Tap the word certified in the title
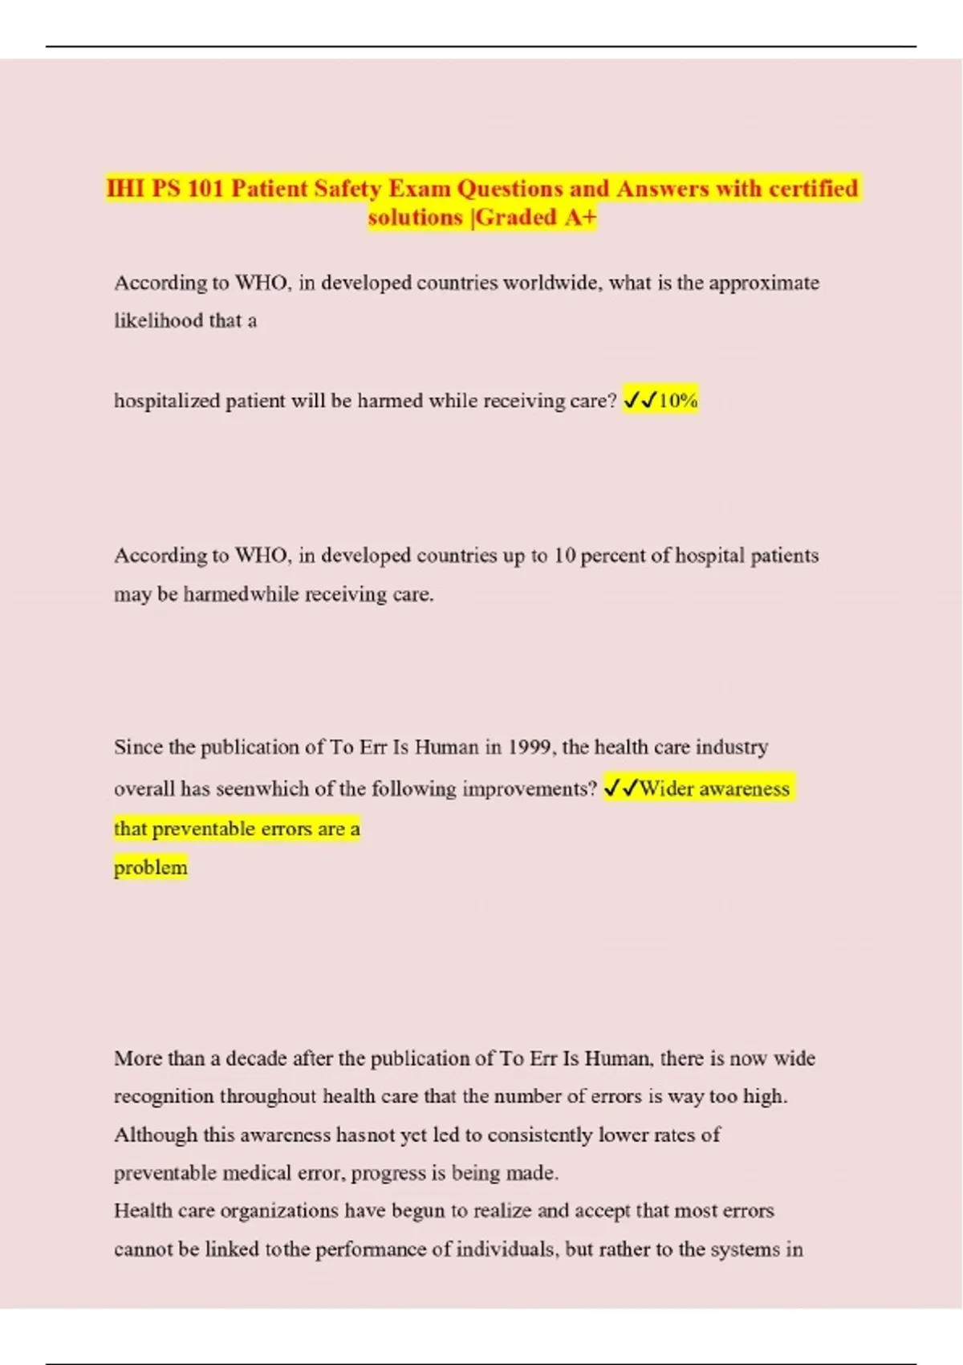pos(813,189)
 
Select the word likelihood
pos(159,320)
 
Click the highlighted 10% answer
pos(678,400)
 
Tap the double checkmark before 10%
pos(640,400)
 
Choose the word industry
pos(731,748)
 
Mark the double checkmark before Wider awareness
pos(620,788)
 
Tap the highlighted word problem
pos(150,868)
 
